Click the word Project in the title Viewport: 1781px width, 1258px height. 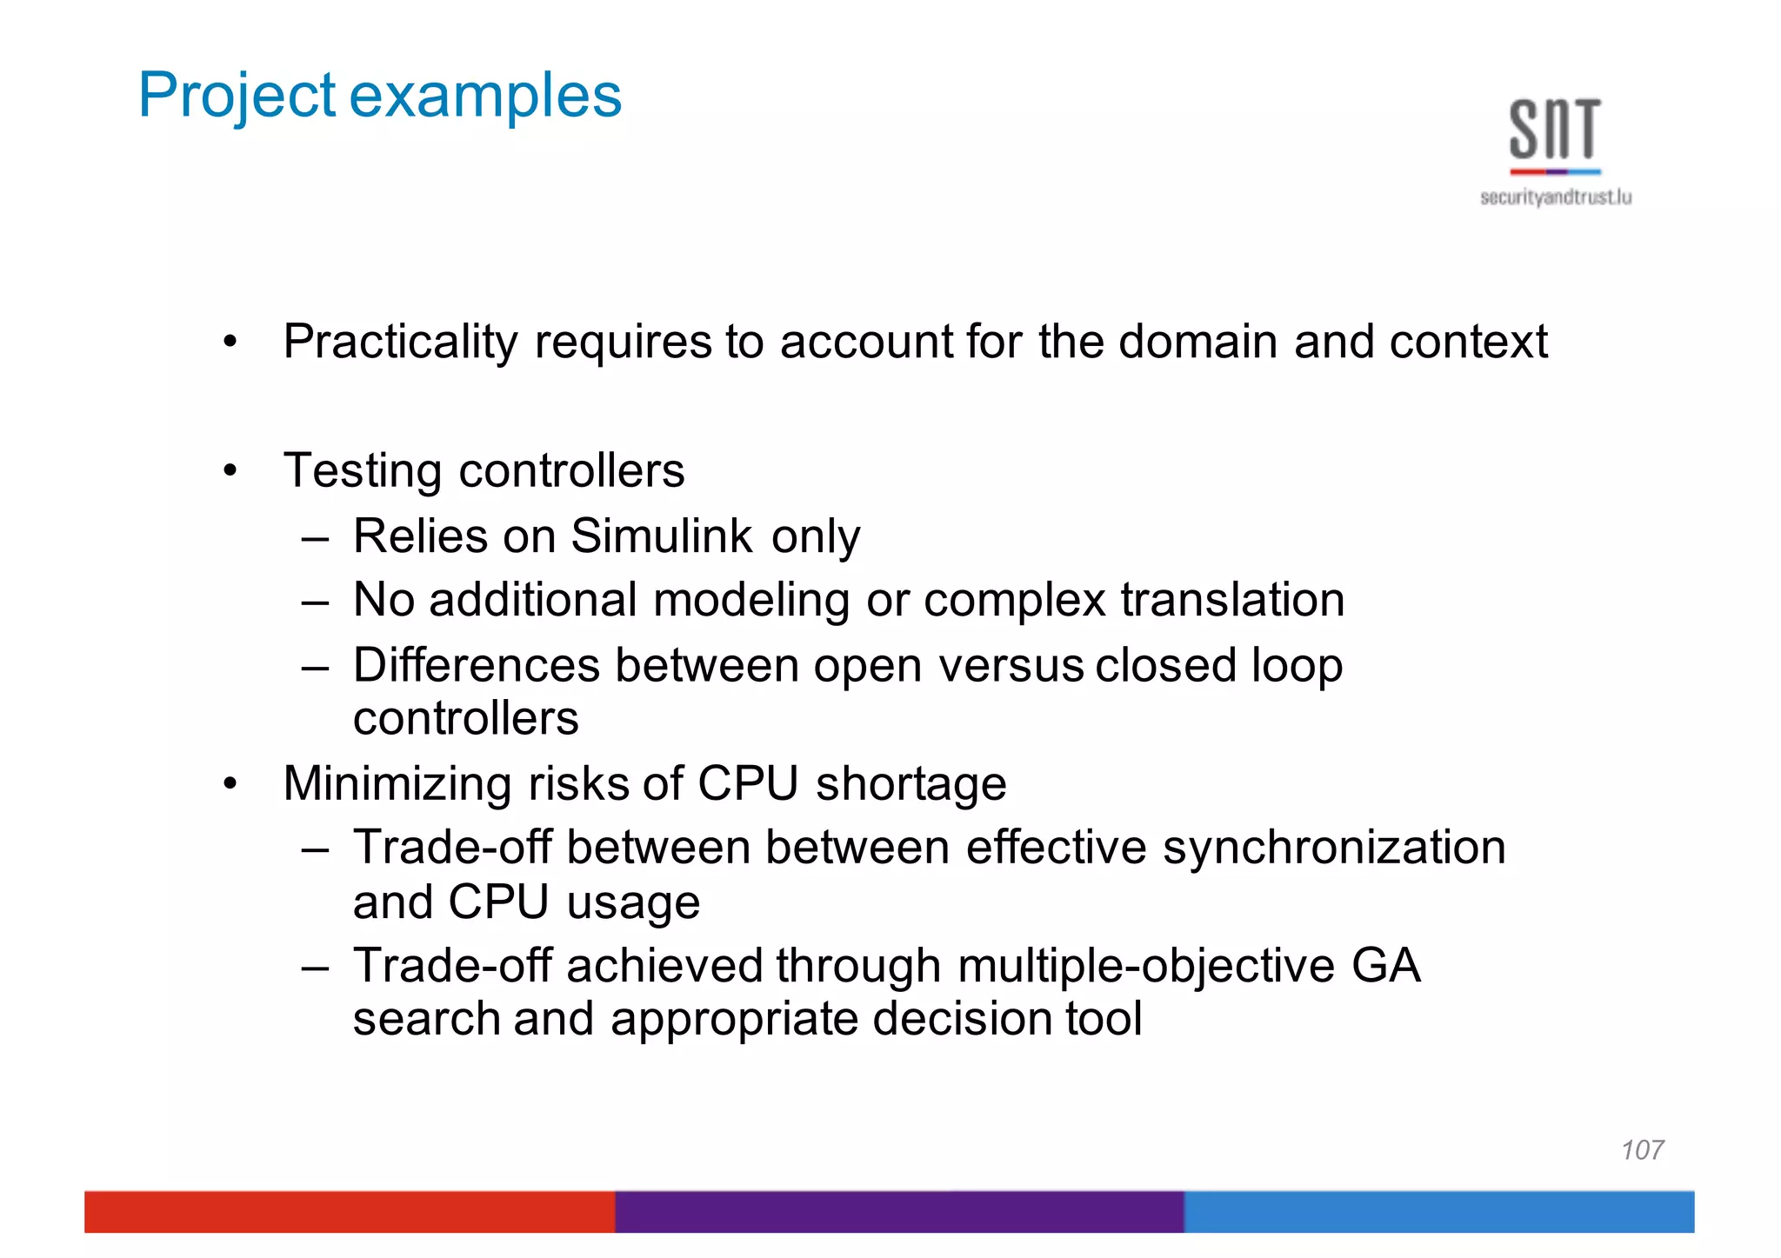point(237,96)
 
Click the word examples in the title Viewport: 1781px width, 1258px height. point(485,96)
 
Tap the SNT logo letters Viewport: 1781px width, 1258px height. point(1555,130)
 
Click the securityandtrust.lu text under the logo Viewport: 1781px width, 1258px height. point(1556,197)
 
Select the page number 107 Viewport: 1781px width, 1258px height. point(1642,1150)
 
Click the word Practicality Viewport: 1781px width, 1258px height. point(400,342)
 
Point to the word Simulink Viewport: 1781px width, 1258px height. point(661,536)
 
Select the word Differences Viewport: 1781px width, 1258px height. point(476,665)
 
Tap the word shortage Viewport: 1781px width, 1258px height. point(911,783)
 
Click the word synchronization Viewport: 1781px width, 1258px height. point(1334,848)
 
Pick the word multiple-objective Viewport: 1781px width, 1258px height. point(1145,966)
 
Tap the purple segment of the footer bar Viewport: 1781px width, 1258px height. point(899,1212)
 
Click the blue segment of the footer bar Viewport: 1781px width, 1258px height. point(1438,1212)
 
